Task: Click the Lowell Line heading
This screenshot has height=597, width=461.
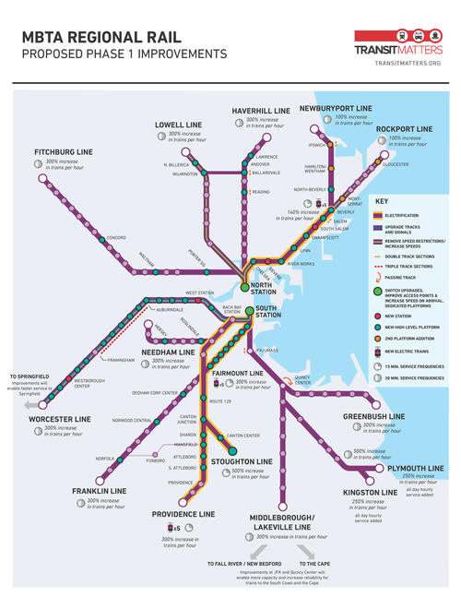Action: [x=178, y=125]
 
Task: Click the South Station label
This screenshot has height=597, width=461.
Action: [x=267, y=311]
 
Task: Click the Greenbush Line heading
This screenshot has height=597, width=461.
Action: [x=373, y=416]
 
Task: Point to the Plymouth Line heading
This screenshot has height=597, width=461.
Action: [x=416, y=469]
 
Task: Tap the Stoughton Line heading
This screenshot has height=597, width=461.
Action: [x=242, y=460]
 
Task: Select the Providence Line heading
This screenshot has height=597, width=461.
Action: [x=184, y=513]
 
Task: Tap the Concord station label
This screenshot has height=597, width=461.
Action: [x=115, y=237]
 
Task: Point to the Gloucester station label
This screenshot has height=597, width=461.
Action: [x=396, y=163]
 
